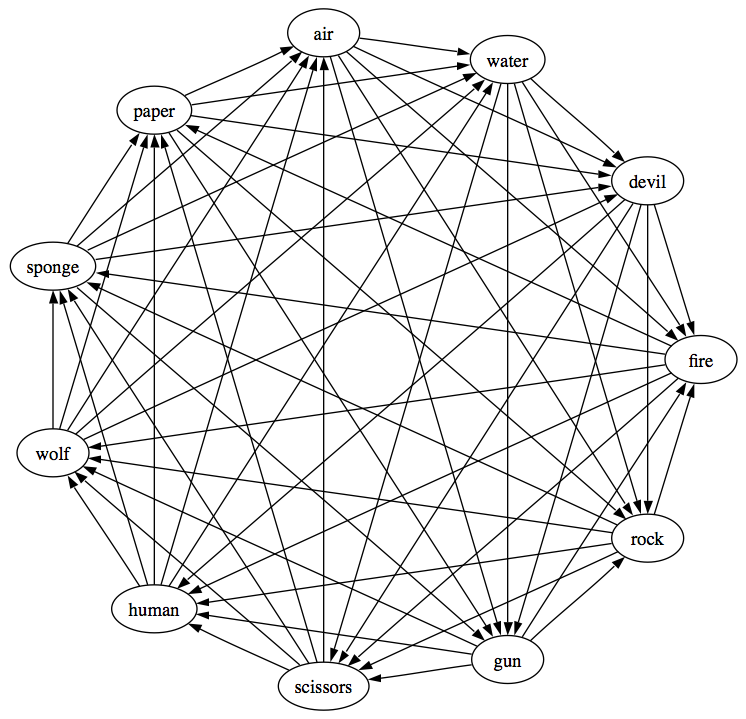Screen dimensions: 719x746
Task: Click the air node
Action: pyautogui.click(x=322, y=34)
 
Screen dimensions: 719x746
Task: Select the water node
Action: pyautogui.click(x=507, y=62)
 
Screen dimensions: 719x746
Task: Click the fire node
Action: pyautogui.click(x=701, y=360)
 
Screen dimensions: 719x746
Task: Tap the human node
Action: pyautogui.click(x=153, y=609)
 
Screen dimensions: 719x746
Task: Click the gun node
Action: pyautogui.click(x=507, y=660)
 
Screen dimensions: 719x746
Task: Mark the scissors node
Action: pyautogui.click(x=322, y=687)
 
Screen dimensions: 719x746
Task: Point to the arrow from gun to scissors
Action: pyautogui.click(x=420, y=673)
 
